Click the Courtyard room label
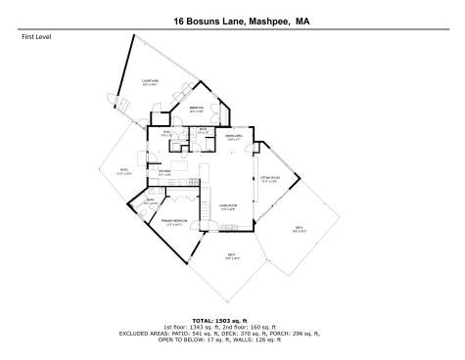point(150,82)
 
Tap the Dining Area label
point(234,137)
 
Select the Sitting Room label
point(269,179)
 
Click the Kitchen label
point(165,172)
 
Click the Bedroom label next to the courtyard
point(196,109)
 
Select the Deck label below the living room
point(232,257)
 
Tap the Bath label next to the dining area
point(203,131)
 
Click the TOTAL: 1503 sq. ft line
point(232,320)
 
